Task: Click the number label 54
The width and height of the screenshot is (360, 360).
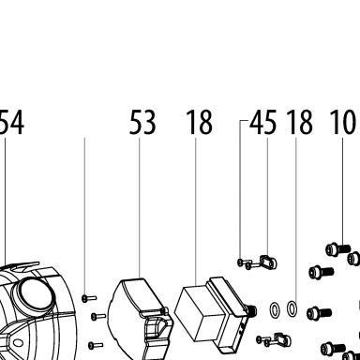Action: [x=11, y=122]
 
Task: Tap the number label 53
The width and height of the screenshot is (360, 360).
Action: [x=142, y=122]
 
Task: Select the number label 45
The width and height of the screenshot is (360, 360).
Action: [x=263, y=122]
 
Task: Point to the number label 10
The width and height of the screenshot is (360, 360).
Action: [x=342, y=122]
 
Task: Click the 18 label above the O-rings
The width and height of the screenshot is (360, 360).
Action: [x=300, y=122]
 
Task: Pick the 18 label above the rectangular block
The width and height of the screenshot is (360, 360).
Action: [x=200, y=122]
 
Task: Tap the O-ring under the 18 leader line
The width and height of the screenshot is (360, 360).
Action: [x=292, y=308]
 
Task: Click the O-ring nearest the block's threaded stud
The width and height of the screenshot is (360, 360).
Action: [x=275, y=309]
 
